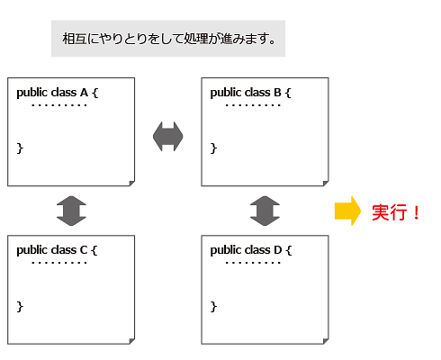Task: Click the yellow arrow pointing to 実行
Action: point(347,211)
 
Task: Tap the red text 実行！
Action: point(396,212)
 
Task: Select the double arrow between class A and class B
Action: point(168,137)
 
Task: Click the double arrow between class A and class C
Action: point(71,211)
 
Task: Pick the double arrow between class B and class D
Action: point(265,211)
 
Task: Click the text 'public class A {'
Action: point(58,93)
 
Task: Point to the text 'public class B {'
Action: point(251,93)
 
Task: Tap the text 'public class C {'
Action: point(57,250)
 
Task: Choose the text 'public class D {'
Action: point(251,250)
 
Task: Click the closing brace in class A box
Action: point(20,148)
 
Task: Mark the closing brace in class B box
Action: point(213,148)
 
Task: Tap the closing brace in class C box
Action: point(20,307)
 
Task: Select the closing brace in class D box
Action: point(213,307)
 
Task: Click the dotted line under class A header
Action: point(59,105)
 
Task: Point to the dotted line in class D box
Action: point(253,263)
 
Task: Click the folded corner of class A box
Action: point(132,184)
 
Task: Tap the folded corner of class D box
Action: point(326,341)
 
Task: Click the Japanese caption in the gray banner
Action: point(168,39)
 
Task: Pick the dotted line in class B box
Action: point(253,105)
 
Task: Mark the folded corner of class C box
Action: point(132,341)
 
